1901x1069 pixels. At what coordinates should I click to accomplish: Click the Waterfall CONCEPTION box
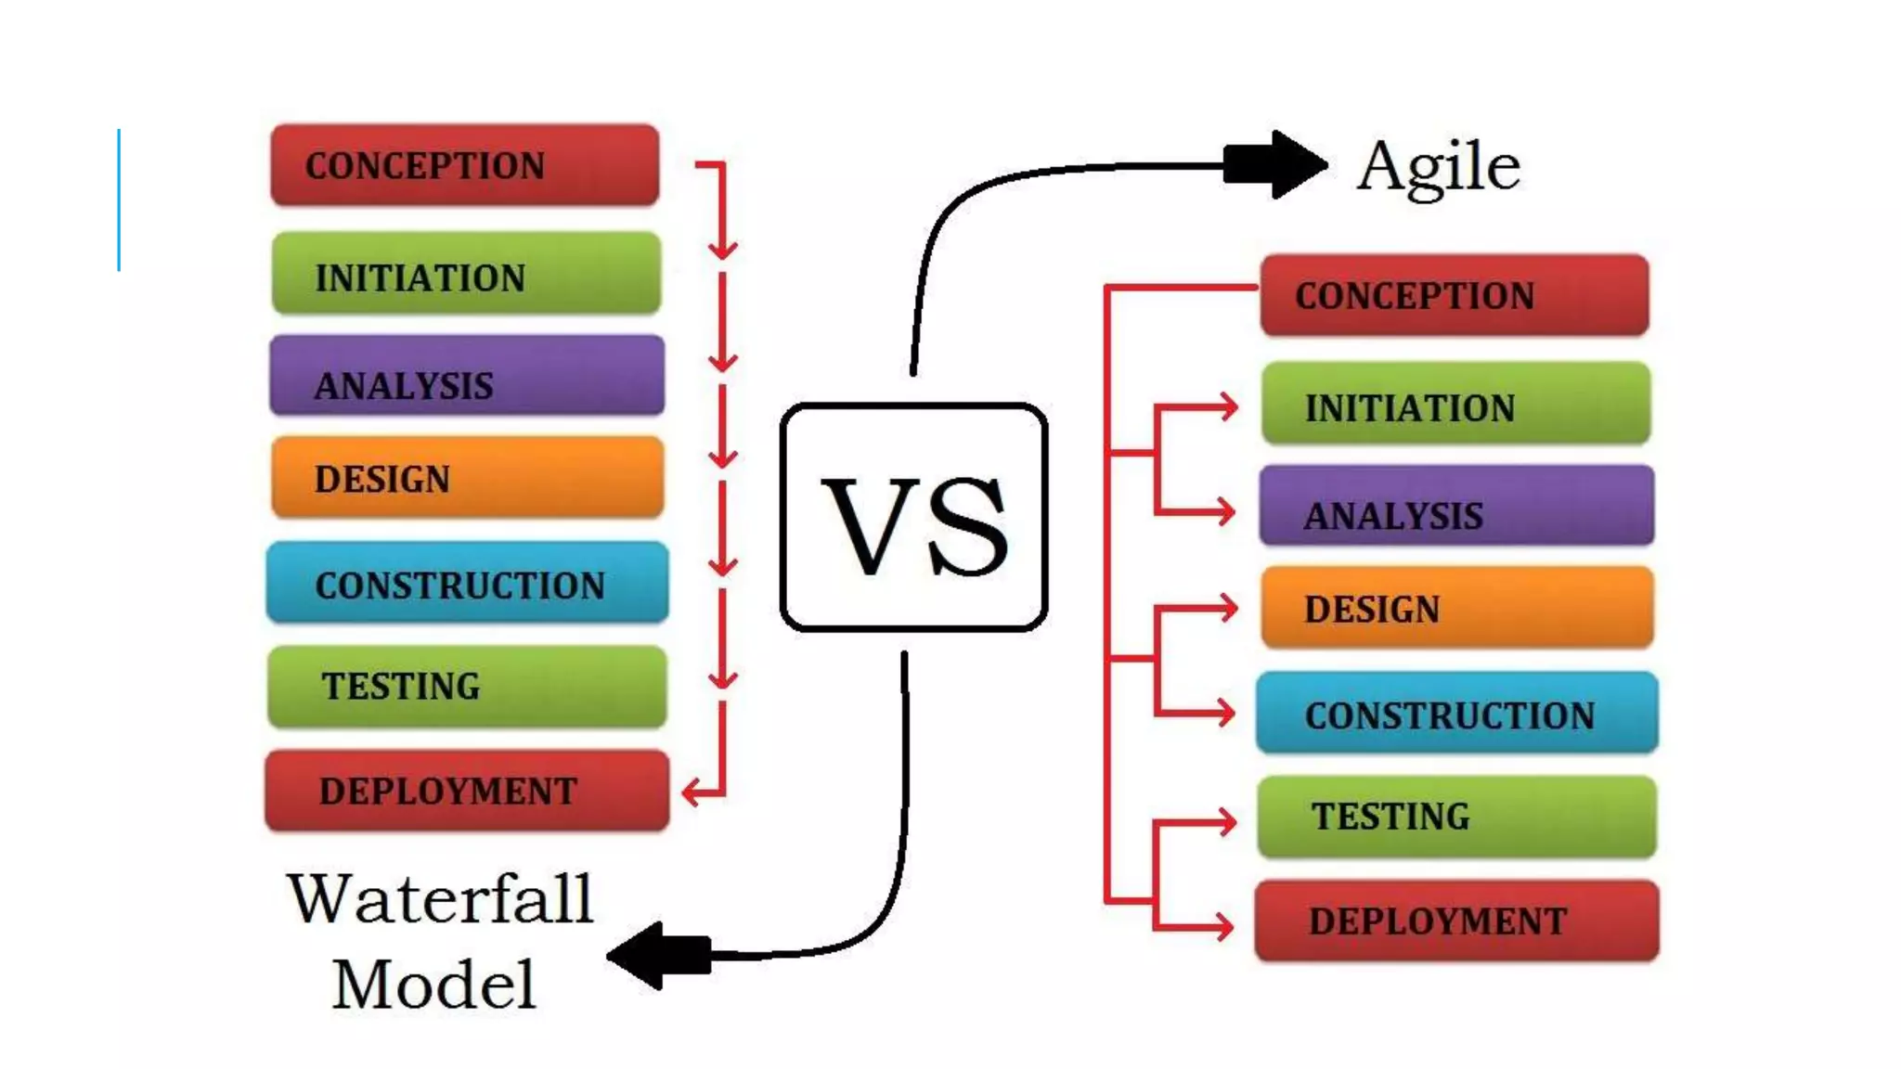click(x=464, y=165)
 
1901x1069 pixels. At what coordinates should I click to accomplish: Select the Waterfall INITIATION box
click(x=466, y=275)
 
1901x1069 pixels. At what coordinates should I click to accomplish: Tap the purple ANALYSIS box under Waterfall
click(x=467, y=377)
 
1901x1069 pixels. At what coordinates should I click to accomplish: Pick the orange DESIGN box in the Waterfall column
click(x=467, y=478)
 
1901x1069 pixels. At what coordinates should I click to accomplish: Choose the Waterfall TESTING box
click(x=467, y=687)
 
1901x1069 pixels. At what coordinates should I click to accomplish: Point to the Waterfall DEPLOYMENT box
click(x=467, y=791)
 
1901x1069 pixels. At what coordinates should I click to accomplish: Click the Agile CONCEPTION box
click(x=1455, y=295)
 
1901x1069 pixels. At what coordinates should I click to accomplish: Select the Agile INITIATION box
click(x=1455, y=405)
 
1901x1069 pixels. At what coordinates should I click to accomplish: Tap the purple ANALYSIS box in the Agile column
click(x=1456, y=507)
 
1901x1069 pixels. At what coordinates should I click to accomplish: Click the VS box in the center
click(x=914, y=518)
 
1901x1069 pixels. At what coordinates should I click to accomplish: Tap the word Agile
click(x=1438, y=167)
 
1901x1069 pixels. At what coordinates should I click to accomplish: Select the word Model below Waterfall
click(x=434, y=984)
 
